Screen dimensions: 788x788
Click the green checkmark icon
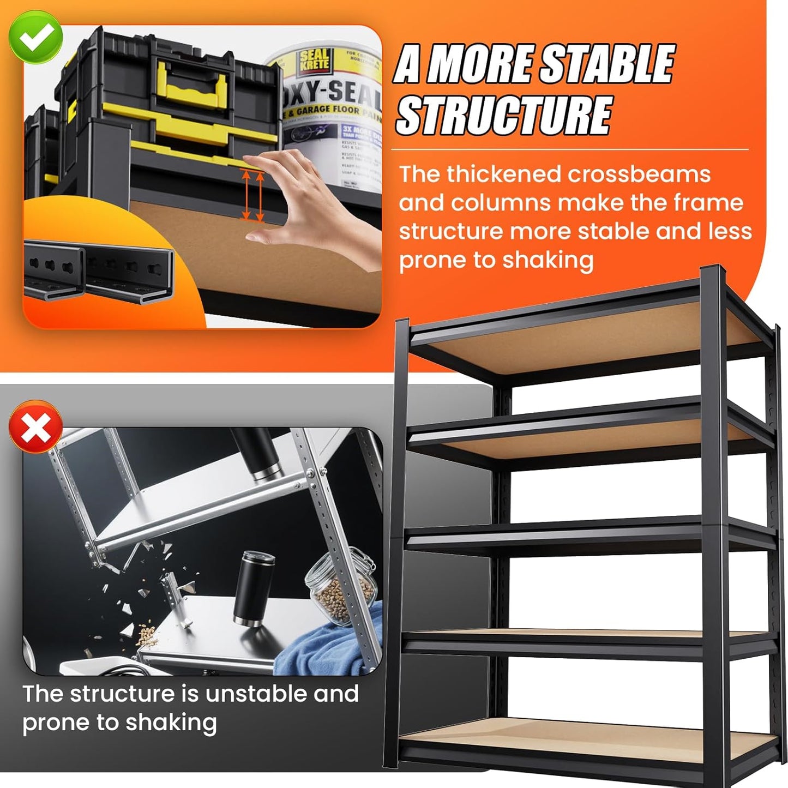(35, 36)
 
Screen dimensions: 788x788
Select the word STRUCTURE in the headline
(503, 115)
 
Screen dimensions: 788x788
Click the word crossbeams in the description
(639, 175)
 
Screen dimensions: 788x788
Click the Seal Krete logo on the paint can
(314, 59)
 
